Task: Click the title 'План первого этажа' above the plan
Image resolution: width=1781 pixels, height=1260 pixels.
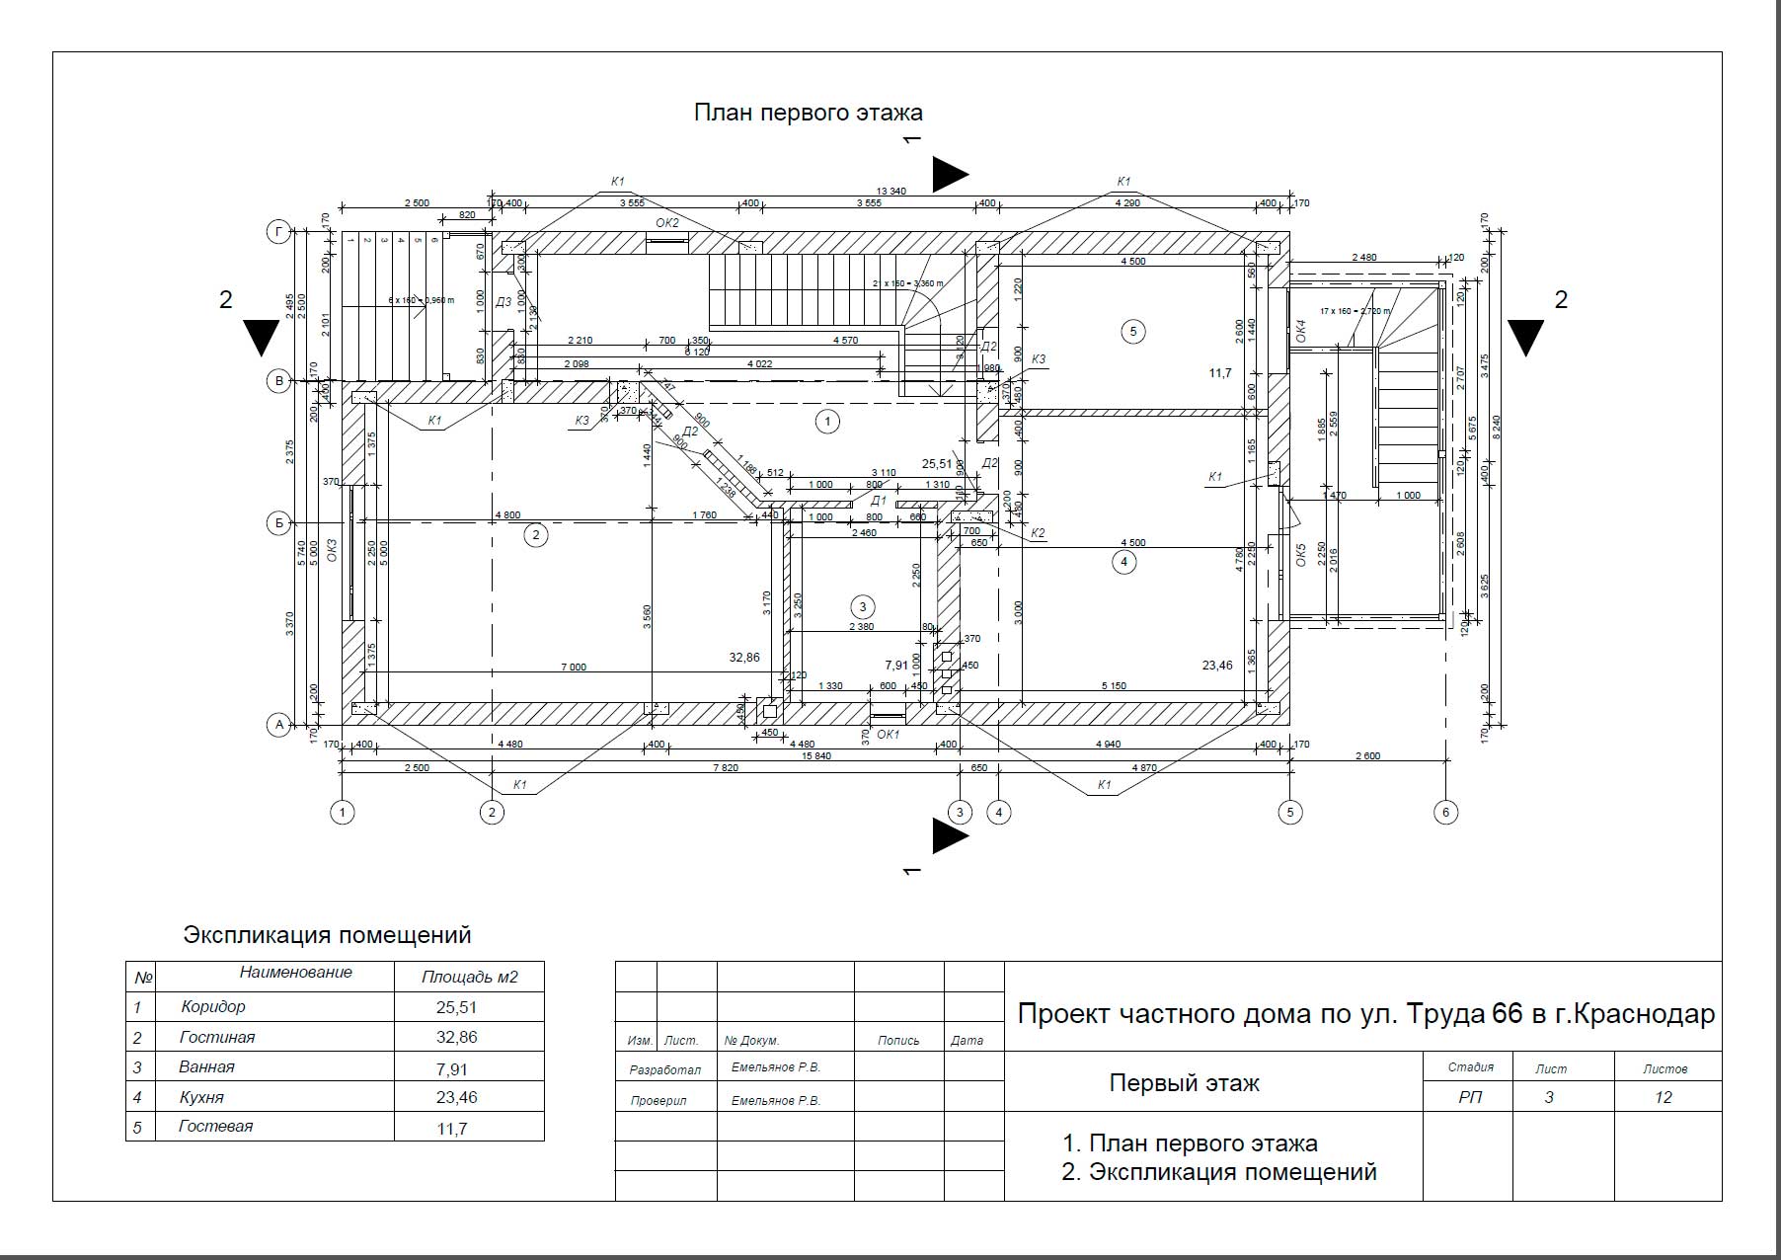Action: click(x=808, y=113)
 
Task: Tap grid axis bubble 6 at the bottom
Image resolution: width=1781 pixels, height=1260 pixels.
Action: click(x=1444, y=813)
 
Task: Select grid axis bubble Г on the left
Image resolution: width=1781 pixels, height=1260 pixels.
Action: click(x=279, y=232)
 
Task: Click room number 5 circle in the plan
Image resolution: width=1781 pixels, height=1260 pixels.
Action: click(x=1132, y=332)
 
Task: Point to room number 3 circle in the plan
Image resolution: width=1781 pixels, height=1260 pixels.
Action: click(x=862, y=606)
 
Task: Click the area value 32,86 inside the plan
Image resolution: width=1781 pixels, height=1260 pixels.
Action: click(x=744, y=657)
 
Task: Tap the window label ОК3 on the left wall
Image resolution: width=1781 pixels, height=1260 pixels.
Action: click(x=332, y=551)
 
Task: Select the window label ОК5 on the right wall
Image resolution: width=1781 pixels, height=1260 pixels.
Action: click(x=1300, y=554)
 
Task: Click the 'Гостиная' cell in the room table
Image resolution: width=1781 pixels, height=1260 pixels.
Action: click(x=217, y=1037)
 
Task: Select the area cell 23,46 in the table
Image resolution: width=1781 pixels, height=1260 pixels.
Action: click(x=456, y=1097)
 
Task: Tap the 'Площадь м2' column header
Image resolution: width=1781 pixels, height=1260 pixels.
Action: click(x=469, y=978)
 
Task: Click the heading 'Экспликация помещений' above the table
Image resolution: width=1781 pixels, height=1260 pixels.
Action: click(x=328, y=935)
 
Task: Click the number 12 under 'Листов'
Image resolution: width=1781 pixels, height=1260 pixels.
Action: click(x=1664, y=1097)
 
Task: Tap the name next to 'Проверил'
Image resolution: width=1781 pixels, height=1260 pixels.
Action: click(x=775, y=1100)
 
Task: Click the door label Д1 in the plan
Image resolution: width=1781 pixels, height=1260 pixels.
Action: click(x=878, y=501)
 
